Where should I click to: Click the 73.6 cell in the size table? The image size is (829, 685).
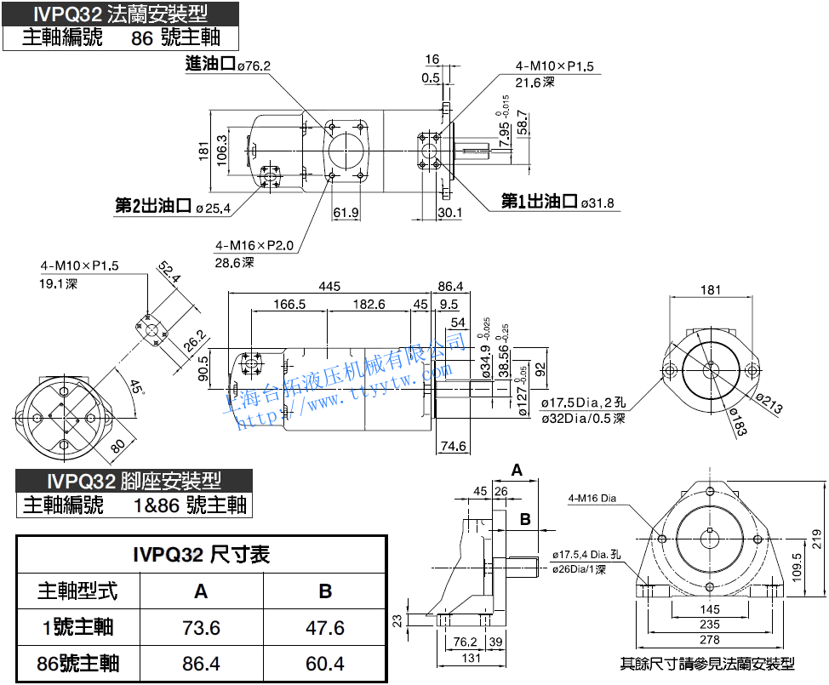pos(201,628)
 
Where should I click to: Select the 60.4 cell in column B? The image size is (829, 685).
pos(324,664)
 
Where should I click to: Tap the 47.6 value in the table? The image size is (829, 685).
pos(324,628)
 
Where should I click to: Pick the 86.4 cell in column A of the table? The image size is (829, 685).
pos(201,664)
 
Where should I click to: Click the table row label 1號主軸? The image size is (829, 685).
pos(77,628)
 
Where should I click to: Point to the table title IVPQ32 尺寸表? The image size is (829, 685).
pos(201,555)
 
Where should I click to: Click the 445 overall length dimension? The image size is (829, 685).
pos(329,287)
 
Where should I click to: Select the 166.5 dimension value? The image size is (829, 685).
pos(289,305)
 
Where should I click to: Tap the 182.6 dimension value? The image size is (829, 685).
pos(368,305)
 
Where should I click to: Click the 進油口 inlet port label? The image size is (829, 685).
pos(209,65)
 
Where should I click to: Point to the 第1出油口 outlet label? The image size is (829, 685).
pos(540,202)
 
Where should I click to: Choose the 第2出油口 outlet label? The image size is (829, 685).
pos(153,205)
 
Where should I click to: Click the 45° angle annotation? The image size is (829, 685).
pos(134,388)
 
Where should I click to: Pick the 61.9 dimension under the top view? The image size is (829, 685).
pos(346,213)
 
